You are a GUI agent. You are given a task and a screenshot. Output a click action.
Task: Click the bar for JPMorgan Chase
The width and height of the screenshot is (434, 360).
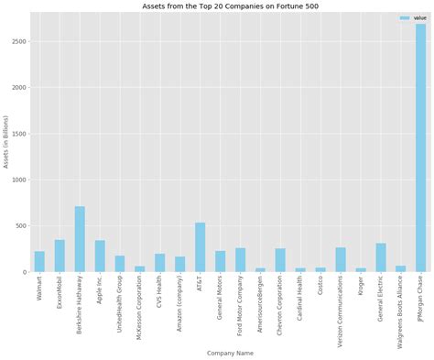(x=420, y=147)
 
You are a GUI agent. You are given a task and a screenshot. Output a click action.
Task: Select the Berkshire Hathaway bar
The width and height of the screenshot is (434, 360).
(x=80, y=239)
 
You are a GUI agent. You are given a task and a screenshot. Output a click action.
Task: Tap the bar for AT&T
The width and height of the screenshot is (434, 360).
(x=200, y=247)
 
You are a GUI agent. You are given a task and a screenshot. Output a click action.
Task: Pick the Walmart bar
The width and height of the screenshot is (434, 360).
(x=39, y=262)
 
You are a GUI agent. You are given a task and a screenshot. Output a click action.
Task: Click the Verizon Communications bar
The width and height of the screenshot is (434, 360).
(x=341, y=259)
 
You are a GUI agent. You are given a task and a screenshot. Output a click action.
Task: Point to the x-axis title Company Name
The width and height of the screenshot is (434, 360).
(x=230, y=353)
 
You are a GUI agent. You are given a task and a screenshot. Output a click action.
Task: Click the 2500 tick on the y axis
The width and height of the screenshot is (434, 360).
(x=18, y=42)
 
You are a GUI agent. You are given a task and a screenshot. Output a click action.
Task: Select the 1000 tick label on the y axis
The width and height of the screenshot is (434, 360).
(x=18, y=180)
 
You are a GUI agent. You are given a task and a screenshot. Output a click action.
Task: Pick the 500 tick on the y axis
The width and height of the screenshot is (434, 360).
(x=20, y=226)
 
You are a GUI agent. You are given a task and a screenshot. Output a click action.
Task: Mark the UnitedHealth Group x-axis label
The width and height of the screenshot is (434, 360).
(x=120, y=303)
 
